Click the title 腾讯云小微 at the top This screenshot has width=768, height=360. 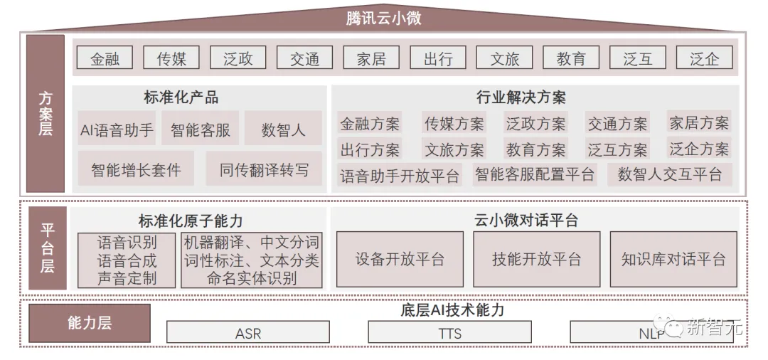[x=383, y=18]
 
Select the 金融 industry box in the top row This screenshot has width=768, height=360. [x=105, y=59]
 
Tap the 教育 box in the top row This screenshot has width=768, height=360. [x=571, y=59]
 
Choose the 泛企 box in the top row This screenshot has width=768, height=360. [x=704, y=59]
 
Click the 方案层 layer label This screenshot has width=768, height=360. [x=46, y=114]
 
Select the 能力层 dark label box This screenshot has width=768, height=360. [x=90, y=323]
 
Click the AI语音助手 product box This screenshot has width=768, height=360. [x=117, y=130]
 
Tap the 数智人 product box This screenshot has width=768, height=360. [x=283, y=130]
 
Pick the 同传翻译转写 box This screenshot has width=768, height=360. [x=264, y=170]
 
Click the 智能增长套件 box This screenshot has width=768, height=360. [x=136, y=170]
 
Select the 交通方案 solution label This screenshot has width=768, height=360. [x=617, y=124]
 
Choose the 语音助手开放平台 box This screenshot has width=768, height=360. [x=400, y=175]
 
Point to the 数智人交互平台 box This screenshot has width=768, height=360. [x=669, y=174]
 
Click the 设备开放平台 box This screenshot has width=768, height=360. [x=400, y=259]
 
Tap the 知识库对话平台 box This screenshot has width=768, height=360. [x=673, y=259]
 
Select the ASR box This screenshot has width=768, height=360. [x=247, y=333]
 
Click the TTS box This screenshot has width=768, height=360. [x=449, y=332]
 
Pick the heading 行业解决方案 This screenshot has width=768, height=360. [x=521, y=97]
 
